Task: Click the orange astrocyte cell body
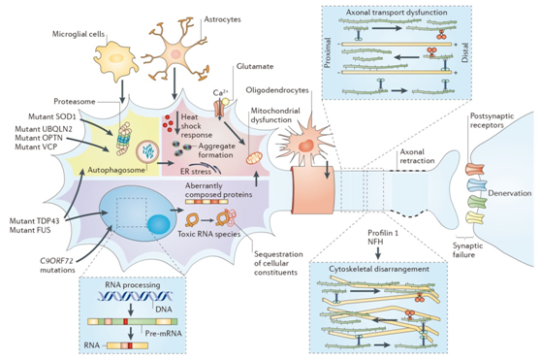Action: pos(176,53)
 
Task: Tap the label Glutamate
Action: pos(255,66)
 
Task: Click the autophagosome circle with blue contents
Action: pos(147,151)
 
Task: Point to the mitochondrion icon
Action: pos(254,158)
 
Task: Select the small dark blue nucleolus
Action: pos(159,224)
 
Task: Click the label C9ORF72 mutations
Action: pos(57,265)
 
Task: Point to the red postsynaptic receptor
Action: pos(476,169)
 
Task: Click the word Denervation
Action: pos(510,193)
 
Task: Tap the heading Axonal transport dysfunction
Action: pos(397,13)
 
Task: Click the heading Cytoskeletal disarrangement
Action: pos(379,269)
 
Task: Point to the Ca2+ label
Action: pos(219,93)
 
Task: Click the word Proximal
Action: pos(328,52)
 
